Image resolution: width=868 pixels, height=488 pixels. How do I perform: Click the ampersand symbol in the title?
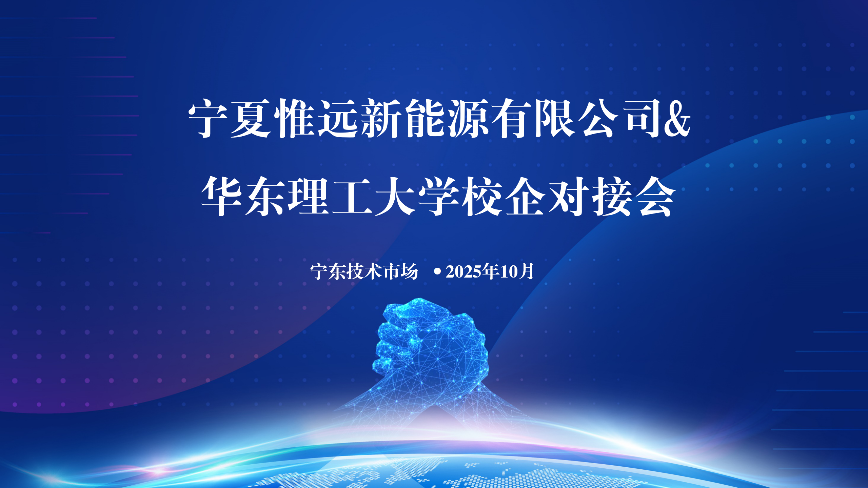677,119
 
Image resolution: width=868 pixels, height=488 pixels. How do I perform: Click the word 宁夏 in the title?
230,119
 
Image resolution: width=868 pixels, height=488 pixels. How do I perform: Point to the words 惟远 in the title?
316,119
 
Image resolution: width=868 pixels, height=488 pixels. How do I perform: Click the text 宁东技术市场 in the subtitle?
364,271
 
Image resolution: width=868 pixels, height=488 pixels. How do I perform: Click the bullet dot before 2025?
437,271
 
